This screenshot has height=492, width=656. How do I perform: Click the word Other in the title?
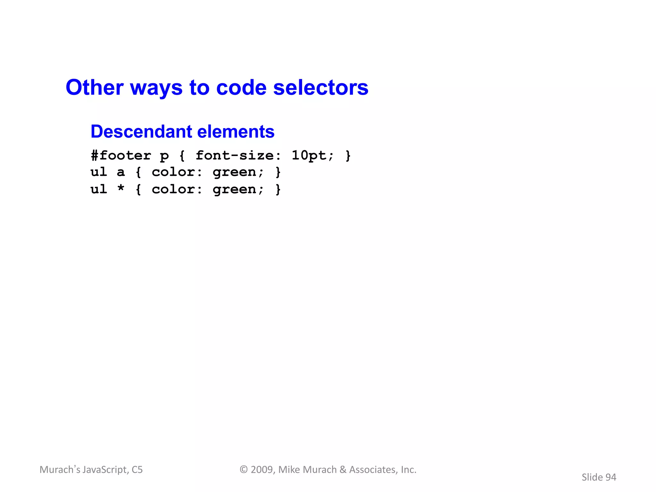pos(94,87)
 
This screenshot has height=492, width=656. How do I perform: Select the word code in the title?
pos(241,87)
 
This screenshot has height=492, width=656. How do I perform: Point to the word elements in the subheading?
pos(236,132)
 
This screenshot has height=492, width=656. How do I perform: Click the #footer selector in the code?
pos(121,156)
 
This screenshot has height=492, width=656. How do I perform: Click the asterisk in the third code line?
pos(121,189)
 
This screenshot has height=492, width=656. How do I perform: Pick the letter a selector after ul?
pos(121,172)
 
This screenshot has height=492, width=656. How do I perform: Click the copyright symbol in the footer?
pos(244,470)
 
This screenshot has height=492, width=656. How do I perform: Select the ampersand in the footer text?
pos(343,470)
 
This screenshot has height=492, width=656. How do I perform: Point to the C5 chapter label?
pos(137,470)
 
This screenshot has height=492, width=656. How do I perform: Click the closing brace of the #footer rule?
pos(348,156)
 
